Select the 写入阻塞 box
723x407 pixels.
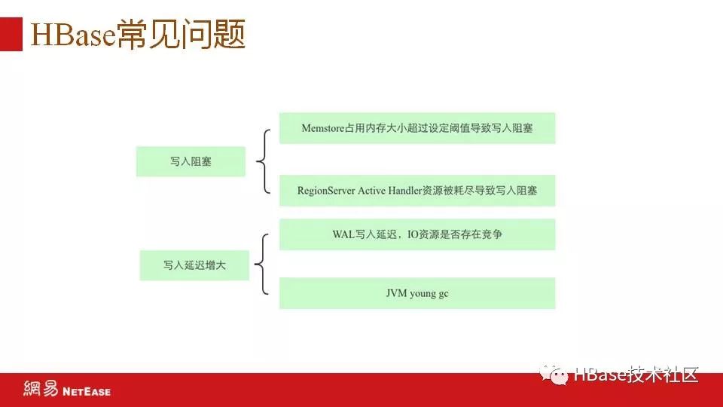point(191,161)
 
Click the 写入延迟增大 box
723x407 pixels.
point(194,265)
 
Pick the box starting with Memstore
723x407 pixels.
point(416,128)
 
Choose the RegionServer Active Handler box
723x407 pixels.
point(416,191)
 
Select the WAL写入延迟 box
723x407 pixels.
point(416,234)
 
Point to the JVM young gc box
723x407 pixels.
point(416,293)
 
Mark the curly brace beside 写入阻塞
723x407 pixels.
point(263,161)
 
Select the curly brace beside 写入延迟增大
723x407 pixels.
point(261,265)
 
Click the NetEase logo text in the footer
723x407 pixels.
point(86,391)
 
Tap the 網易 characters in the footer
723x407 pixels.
point(41,390)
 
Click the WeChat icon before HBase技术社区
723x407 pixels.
point(557,375)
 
